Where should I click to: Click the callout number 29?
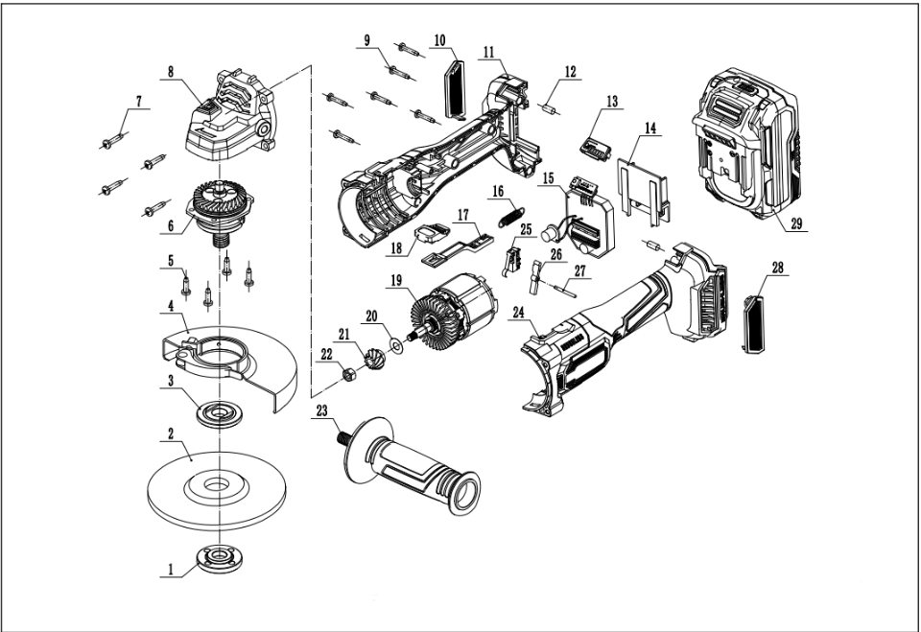(794, 226)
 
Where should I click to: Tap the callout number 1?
(171, 568)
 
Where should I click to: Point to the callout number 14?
(651, 128)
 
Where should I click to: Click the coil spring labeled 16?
(515, 217)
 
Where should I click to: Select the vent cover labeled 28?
(754, 323)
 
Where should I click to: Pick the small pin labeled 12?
(551, 105)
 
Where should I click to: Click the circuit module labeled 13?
(595, 143)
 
